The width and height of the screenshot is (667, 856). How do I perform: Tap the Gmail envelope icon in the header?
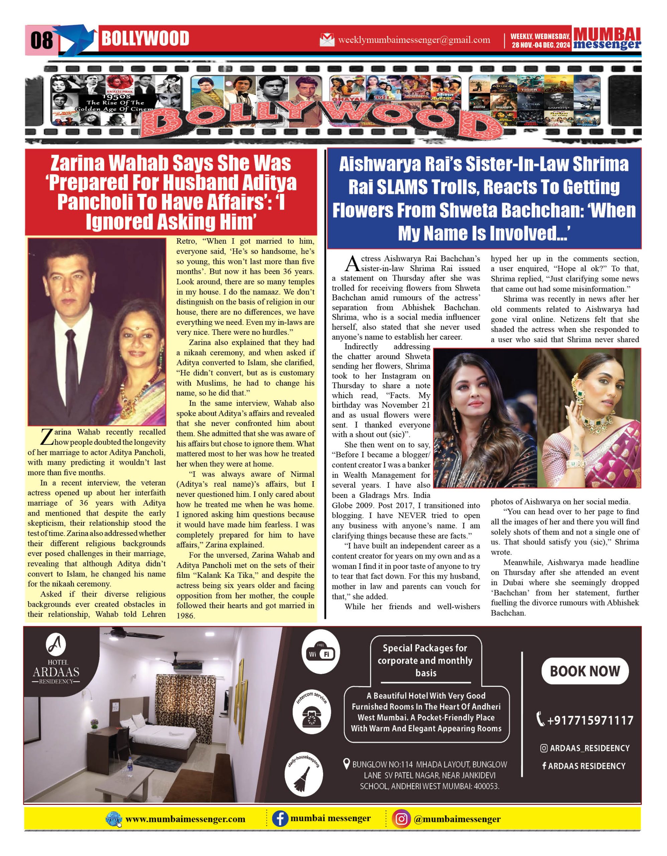point(327,39)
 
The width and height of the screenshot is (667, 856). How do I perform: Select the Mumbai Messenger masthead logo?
point(607,39)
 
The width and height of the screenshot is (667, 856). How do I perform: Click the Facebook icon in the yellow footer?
point(280,819)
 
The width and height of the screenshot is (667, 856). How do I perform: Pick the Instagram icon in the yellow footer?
point(401,819)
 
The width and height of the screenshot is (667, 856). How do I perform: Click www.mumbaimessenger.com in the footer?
point(185,819)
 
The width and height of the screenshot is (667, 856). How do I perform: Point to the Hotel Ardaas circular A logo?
point(56,644)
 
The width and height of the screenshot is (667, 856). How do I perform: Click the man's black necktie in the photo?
point(71,364)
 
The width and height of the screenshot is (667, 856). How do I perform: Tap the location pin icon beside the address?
point(346,764)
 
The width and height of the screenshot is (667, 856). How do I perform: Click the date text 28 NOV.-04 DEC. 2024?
point(540,45)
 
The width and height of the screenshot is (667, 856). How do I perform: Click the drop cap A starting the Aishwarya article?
point(351,263)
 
